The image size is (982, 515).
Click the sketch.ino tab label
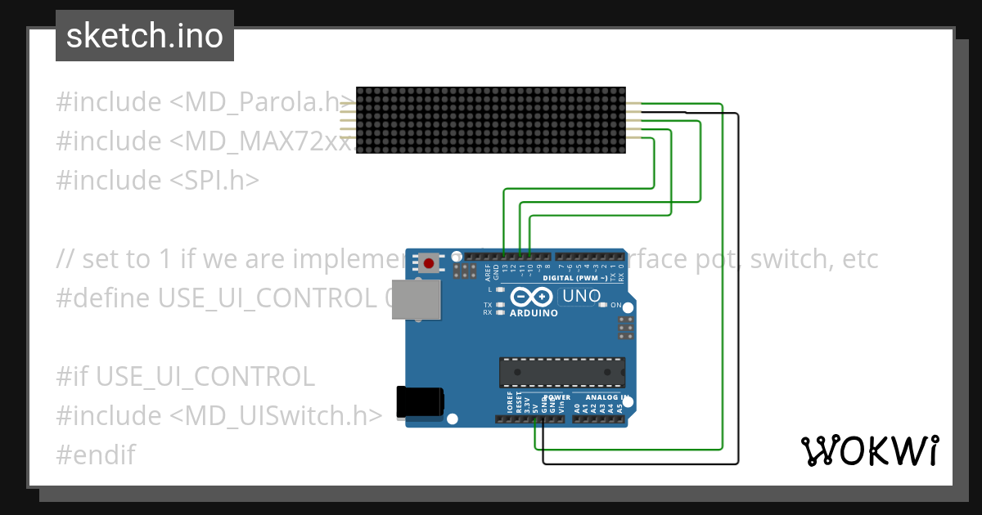coord(144,36)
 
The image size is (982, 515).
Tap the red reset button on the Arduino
coord(429,263)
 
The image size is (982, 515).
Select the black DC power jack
coord(420,403)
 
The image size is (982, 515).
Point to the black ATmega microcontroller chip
coord(563,372)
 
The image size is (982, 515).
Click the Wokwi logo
coord(869,450)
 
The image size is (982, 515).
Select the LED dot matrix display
coord(491,120)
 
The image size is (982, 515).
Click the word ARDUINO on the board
coord(533,313)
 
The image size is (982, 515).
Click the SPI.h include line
coord(157,180)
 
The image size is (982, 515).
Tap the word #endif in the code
coord(95,455)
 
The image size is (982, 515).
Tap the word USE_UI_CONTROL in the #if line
coord(205,376)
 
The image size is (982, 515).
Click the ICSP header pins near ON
coord(625,327)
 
